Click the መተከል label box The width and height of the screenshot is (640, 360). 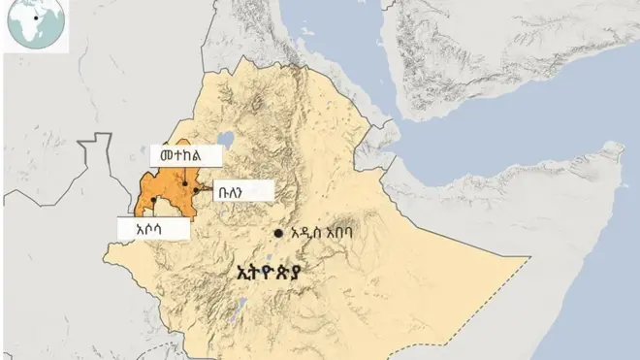point(185,154)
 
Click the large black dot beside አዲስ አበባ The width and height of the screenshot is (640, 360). point(278,234)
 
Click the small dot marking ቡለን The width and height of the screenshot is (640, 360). point(195,192)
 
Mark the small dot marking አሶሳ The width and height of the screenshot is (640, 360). point(154,201)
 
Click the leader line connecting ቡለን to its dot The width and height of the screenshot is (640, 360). point(207,192)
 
